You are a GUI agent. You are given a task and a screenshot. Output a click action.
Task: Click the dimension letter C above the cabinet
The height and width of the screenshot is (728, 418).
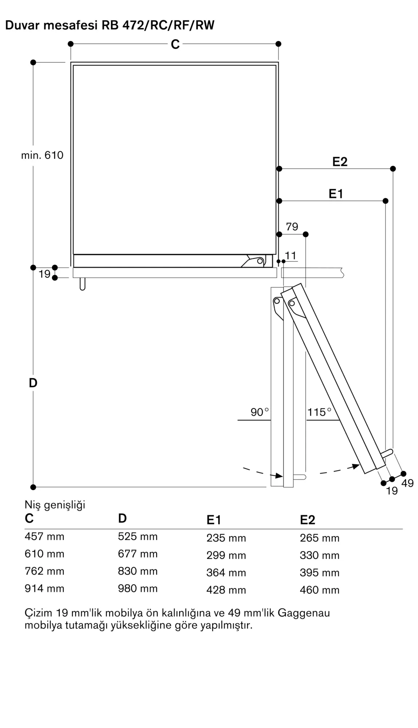coord(175,44)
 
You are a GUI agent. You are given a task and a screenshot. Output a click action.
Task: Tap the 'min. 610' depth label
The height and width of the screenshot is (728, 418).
coord(42,155)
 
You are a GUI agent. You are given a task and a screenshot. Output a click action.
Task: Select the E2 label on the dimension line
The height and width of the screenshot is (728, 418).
coord(340,162)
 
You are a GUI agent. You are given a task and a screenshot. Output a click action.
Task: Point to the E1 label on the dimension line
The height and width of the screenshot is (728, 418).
coord(336,194)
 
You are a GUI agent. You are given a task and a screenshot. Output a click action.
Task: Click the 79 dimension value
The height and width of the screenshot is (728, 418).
coord(292,227)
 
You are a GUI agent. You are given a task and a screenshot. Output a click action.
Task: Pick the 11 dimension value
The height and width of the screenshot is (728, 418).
coord(291,256)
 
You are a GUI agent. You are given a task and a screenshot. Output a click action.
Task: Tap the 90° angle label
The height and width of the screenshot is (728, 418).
coord(259,412)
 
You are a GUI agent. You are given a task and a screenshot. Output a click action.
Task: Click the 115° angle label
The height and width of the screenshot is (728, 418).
coord(319,412)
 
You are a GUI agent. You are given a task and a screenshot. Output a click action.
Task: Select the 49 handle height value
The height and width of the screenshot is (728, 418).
coord(407,483)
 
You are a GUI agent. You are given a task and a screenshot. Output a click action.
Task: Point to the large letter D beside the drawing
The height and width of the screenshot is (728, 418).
coord(33,383)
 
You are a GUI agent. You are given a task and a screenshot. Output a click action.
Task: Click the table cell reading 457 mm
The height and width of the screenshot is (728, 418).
coord(44,537)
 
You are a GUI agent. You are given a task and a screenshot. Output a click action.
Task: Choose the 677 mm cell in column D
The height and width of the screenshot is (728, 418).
coord(138,554)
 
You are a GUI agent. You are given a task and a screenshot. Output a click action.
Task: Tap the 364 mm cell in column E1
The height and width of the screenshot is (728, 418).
coord(226,573)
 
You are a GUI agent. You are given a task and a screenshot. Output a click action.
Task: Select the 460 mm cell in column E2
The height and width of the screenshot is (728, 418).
coord(319,590)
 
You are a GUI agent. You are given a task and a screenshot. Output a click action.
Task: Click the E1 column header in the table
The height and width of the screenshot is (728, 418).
coord(214,520)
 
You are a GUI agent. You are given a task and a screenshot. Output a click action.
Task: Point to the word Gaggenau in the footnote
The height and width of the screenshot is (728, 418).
coord(304,613)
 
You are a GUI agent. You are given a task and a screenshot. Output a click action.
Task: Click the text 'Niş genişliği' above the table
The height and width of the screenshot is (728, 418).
coord(55,505)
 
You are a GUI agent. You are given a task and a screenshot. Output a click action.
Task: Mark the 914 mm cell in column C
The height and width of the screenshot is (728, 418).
coord(44,589)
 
